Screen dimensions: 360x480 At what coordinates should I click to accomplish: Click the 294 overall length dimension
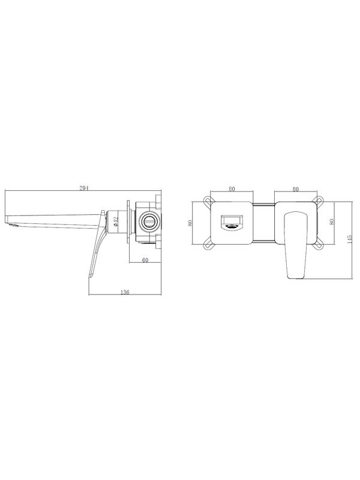(84, 188)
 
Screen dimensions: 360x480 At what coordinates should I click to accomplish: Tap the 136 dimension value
(125, 292)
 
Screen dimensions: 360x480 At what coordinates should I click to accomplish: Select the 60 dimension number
(145, 260)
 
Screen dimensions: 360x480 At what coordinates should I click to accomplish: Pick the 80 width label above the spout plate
(232, 189)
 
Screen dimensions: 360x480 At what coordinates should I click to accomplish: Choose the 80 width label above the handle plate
(295, 189)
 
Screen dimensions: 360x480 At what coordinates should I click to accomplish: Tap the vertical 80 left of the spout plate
(190, 223)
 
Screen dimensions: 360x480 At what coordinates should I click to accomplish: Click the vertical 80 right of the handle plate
(332, 221)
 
